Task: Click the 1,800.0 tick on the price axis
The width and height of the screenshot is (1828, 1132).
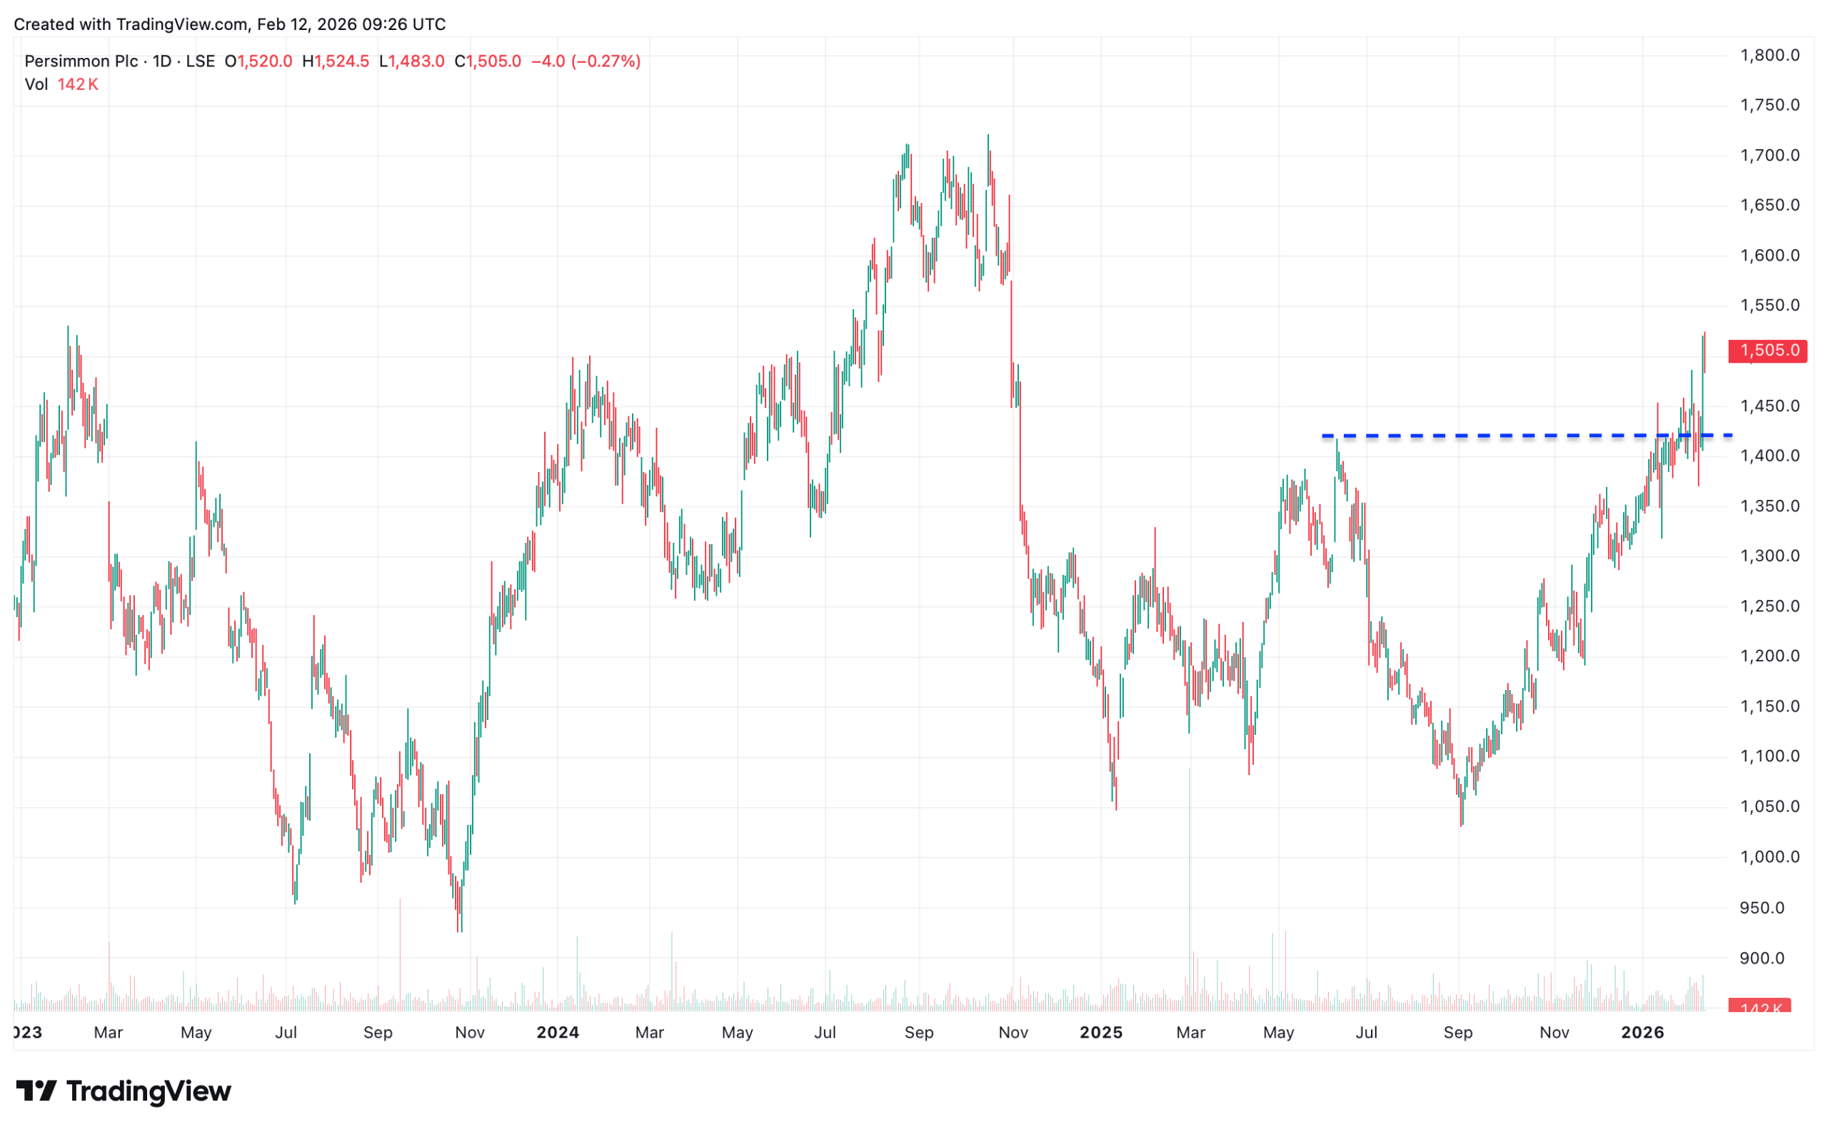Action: [1769, 55]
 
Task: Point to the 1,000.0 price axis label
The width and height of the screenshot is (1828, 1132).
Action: [1769, 856]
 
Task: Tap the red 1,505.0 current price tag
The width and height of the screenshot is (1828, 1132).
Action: [1767, 351]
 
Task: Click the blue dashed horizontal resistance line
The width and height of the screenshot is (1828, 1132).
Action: [1497, 436]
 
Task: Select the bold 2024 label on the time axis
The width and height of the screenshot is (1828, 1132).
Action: [558, 1033]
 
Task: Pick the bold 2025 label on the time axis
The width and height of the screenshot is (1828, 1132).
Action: [1100, 1033]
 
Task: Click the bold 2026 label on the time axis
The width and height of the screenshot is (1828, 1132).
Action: [1642, 1033]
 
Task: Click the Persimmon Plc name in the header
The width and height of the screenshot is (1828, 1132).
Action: [81, 61]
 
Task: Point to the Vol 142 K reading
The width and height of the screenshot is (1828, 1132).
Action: [61, 84]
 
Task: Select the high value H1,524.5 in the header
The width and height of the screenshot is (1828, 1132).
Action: [336, 61]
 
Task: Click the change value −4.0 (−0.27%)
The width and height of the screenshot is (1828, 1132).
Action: [586, 61]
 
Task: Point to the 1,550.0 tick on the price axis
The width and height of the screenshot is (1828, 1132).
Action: [1769, 305]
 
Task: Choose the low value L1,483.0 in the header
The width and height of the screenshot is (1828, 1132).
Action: [412, 61]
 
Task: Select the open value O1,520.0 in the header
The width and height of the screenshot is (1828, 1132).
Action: [258, 61]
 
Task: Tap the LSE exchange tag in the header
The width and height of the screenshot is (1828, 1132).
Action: [200, 61]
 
